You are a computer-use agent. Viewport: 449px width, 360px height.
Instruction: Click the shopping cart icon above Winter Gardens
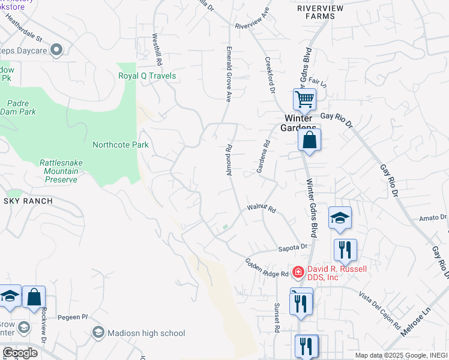pyautogui.click(x=304, y=99)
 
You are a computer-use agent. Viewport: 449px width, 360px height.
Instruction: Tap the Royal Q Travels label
pyautogui.click(x=147, y=76)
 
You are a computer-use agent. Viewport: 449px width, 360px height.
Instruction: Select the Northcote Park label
pyautogui.click(x=120, y=145)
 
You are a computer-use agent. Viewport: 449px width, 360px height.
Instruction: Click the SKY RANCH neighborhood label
pyautogui.click(x=28, y=201)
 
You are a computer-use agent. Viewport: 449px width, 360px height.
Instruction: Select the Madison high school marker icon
pyautogui.click(x=98, y=332)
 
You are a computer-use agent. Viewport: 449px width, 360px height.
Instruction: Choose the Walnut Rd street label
pyautogui.click(x=261, y=209)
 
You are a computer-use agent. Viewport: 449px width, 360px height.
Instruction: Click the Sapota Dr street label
pyautogui.click(x=292, y=247)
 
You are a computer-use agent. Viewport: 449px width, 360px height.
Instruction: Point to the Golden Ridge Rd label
pyautogui.click(x=267, y=268)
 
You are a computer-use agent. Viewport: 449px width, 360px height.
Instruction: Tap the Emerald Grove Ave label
pyautogui.click(x=229, y=73)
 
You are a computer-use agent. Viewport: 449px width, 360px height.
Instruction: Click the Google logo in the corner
pyautogui.click(x=20, y=352)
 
